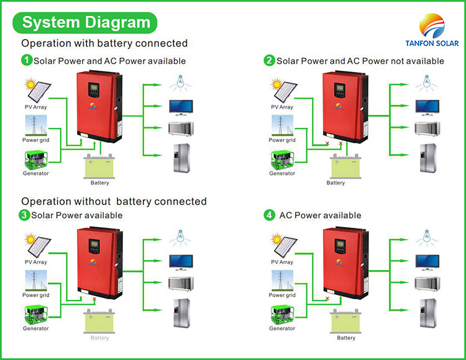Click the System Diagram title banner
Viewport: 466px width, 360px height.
tap(86, 23)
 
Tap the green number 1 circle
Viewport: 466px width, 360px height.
tap(26, 61)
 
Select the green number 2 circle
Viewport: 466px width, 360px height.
tap(269, 61)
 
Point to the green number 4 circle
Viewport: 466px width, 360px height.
tap(269, 215)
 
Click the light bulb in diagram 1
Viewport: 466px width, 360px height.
tap(181, 81)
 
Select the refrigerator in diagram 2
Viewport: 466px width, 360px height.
tap(427, 159)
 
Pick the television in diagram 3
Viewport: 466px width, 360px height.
tap(181, 261)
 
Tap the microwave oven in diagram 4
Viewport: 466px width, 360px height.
tap(427, 284)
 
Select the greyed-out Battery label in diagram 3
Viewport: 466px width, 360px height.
tap(99, 338)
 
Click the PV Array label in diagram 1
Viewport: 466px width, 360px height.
tap(36, 107)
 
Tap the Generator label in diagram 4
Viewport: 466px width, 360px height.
tap(282, 328)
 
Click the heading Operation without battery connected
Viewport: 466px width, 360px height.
tap(114, 202)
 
